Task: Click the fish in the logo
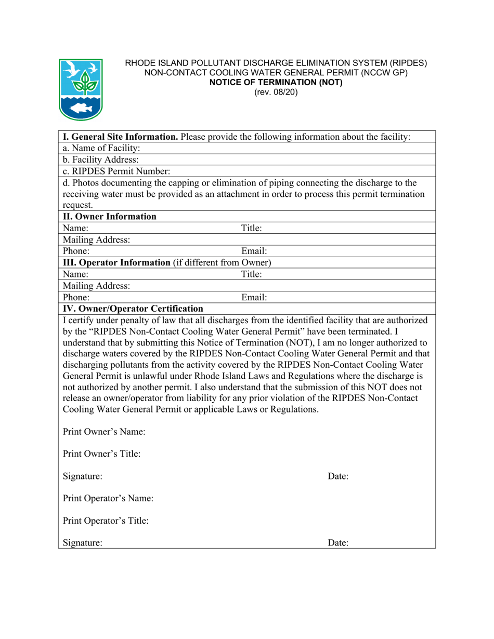(x=81, y=108)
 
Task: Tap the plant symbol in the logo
(x=81, y=82)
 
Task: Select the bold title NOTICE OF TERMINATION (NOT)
(x=276, y=82)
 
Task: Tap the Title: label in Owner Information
(x=252, y=228)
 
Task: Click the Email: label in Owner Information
(x=254, y=251)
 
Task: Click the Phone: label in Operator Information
(x=76, y=297)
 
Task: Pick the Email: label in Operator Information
(x=254, y=297)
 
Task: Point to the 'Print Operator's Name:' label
(x=108, y=498)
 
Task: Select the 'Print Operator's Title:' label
(x=106, y=520)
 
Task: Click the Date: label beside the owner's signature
(x=337, y=476)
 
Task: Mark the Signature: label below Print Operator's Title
(x=82, y=542)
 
